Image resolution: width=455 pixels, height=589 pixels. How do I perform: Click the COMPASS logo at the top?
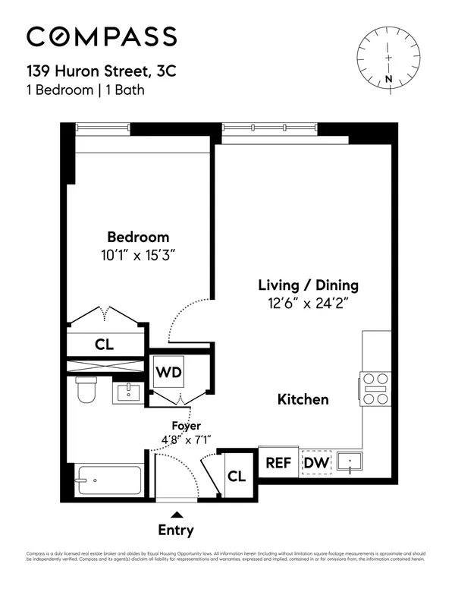[x=102, y=36]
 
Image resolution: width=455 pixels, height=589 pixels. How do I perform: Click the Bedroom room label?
[x=137, y=237]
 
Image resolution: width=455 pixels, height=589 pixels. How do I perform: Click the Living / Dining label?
[x=308, y=286]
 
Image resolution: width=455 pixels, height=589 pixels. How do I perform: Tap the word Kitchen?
[x=303, y=399]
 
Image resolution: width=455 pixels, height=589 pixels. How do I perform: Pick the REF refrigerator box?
[x=278, y=462]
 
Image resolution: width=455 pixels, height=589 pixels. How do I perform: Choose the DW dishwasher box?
[x=315, y=462]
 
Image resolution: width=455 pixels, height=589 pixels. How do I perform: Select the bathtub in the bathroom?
[x=109, y=480]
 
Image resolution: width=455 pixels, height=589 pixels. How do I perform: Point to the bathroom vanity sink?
[x=128, y=392]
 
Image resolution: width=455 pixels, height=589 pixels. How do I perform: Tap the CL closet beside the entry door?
[x=237, y=477]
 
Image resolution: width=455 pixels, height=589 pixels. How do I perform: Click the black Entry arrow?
[x=175, y=515]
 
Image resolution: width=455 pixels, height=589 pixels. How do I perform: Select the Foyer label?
[x=186, y=426]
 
